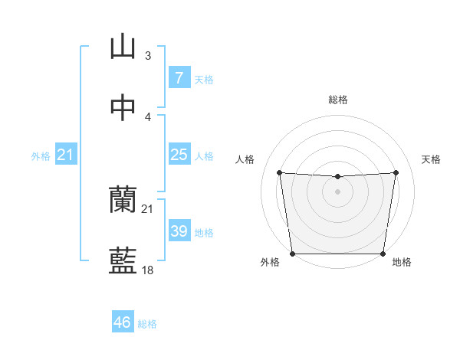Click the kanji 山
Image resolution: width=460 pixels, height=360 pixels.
pos(123,47)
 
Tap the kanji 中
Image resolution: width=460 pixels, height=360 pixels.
pos(123,108)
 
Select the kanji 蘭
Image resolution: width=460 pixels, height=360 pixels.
pos(123,200)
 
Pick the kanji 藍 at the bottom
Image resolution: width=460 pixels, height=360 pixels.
pos(123,260)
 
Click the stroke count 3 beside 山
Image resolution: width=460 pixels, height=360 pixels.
pos(148,56)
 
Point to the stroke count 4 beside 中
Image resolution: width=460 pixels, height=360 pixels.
pos(148,116)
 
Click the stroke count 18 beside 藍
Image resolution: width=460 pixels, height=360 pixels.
pos(148,270)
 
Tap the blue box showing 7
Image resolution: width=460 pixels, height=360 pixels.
pos(179,78)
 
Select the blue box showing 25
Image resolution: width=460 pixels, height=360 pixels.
pos(179,155)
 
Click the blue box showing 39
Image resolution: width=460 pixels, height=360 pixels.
pos(179,231)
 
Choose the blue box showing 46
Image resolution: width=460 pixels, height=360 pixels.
pos(123,322)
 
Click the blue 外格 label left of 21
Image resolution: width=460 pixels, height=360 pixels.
pos(41,156)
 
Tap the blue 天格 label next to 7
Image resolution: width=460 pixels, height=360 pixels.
pos(204,80)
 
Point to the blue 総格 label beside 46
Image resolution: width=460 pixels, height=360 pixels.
pos(147,324)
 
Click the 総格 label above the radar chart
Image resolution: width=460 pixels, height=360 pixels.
pos(338,100)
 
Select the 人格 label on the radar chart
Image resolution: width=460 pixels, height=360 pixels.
pos(245,159)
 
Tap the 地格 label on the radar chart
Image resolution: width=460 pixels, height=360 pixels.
pos(402,263)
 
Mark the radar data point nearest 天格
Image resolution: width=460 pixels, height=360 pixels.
pos(396,172)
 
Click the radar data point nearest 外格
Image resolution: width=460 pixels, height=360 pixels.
pos(292,254)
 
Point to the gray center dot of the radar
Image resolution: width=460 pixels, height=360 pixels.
pos(338,191)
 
